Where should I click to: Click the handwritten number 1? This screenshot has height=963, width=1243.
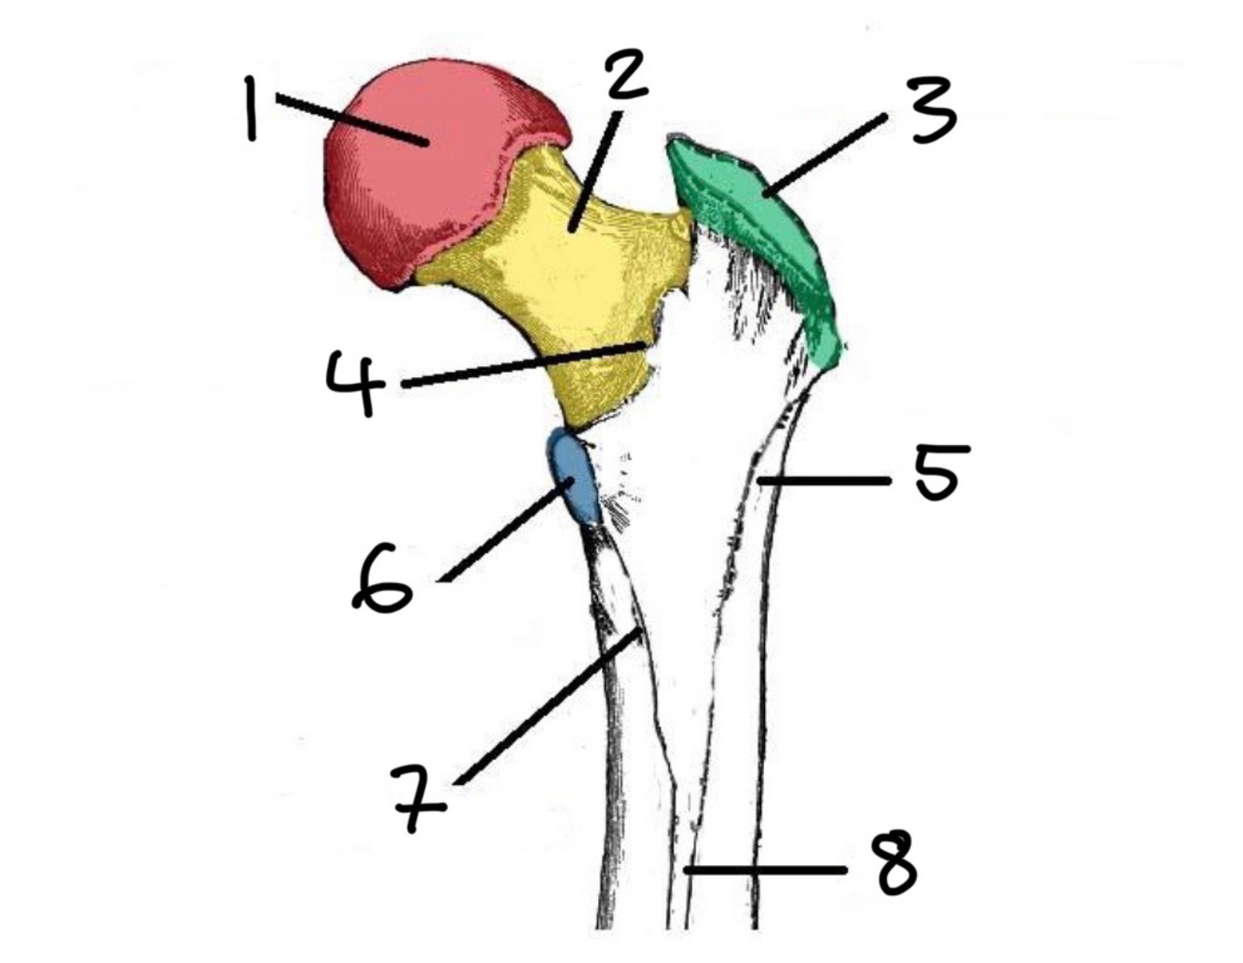[250, 108]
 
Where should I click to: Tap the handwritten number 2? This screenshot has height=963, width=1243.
[627, 75]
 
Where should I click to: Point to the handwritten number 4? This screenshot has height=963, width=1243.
[356, 382]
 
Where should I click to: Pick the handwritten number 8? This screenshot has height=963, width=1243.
[896, 863]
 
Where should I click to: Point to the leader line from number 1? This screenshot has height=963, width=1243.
[349, 120]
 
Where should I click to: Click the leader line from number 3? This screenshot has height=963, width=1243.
[825, 154]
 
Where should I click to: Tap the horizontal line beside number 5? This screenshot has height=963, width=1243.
[825, 481]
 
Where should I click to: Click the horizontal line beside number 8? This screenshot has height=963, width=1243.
[764, 870]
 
